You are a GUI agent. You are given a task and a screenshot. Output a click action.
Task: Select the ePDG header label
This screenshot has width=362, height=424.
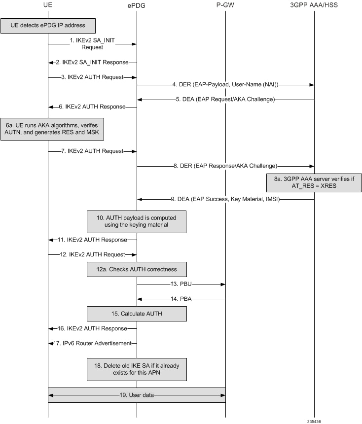pos(137,5)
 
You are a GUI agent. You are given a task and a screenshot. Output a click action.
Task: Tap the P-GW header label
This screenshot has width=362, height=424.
pos(225,5)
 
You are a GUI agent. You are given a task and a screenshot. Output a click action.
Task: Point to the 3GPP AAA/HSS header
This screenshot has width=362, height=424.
pos(314,5)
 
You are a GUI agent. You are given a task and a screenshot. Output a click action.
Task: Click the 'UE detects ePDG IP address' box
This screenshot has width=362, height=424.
pos(47,25)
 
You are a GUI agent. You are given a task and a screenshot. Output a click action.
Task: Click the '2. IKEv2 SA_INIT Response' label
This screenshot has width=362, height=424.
pos(92,63)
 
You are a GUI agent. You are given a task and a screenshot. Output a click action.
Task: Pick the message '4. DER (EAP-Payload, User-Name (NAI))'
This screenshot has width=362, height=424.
pos(225,85)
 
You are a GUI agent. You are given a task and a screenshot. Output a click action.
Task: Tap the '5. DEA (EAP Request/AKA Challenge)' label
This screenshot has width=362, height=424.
pos(225,100)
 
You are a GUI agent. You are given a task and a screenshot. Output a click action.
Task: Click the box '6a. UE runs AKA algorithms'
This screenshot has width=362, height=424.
pos(52,129)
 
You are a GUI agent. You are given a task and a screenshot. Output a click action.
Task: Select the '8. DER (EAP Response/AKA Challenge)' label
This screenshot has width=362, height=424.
pos(225,166)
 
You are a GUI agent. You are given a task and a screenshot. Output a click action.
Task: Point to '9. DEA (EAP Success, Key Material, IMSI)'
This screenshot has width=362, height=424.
pos(225,200)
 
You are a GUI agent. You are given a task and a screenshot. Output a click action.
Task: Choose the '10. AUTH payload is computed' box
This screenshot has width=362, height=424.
pos(137,221)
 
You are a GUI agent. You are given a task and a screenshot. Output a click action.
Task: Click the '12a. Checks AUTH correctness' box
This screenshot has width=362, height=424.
pos(137,269)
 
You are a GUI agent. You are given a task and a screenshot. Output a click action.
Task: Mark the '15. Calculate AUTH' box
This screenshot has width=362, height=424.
pos(137,314)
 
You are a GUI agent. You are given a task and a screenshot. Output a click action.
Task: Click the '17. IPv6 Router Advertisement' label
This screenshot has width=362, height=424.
pos(92,343)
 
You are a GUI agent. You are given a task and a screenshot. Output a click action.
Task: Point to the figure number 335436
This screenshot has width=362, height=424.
pos(314,421)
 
